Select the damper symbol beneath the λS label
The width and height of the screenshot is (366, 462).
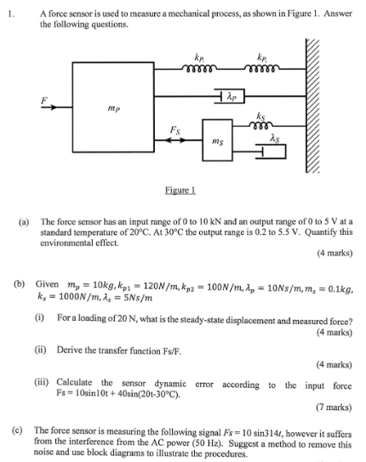(272, 151)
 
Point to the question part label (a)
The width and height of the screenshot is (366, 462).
(26, 220)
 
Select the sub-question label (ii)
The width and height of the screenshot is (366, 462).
(40, 350)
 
